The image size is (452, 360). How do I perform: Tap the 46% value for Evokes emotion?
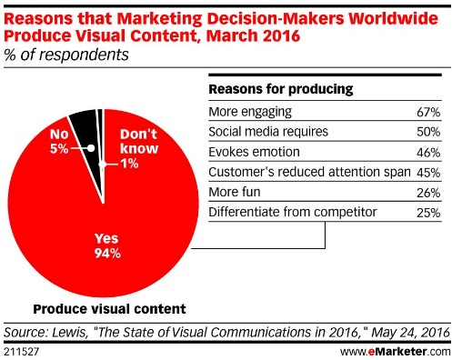tap(428, 151)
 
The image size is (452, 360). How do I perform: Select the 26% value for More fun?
tap(428, 191)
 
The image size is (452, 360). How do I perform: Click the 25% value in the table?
tap(428, 211)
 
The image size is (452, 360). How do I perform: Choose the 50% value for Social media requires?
tap(428, 131)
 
